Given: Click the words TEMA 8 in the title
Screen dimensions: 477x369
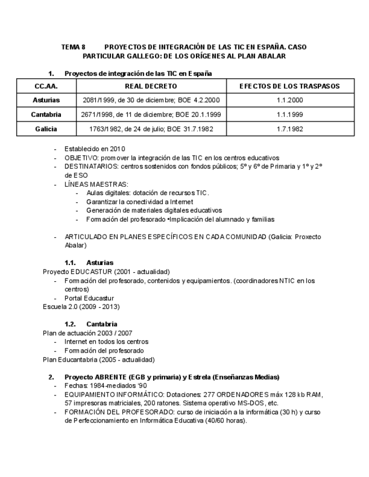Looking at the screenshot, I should (73, 47).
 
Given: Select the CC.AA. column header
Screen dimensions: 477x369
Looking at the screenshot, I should (46, 86).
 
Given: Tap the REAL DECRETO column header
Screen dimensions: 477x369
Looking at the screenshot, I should (150, 86).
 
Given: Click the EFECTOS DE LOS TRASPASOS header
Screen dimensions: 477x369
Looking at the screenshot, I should (290, 86).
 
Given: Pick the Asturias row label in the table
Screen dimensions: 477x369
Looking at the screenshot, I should (46, 100).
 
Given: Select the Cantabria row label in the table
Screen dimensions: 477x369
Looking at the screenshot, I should (46, 114).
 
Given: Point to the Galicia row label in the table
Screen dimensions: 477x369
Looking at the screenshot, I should (46, 129).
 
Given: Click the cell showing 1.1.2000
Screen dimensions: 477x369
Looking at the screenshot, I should (290, 100).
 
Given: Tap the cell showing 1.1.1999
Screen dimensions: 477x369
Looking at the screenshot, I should (290, 114).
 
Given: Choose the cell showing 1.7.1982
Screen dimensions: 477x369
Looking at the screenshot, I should (290, 129).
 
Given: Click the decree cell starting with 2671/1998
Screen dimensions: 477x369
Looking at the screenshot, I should (150, 114).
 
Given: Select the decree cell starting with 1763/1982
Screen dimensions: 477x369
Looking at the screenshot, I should (150, 129).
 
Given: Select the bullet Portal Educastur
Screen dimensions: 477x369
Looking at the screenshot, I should (89, 298).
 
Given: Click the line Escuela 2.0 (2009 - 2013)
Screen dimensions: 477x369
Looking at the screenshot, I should (81, 307).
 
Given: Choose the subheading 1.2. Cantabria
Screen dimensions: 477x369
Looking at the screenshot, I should (91, 324).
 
